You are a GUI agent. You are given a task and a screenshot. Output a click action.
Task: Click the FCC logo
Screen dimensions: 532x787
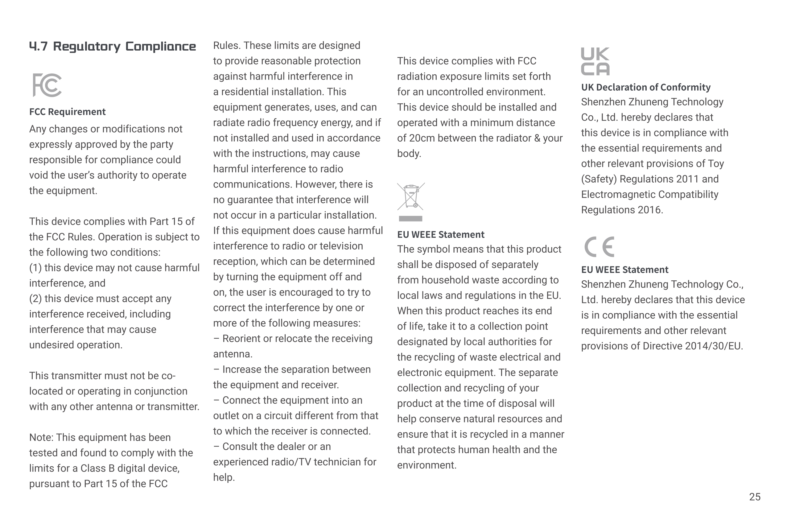[x=47, y=85]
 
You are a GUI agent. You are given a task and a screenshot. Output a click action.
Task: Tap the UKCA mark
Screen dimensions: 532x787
[x=595, y=61]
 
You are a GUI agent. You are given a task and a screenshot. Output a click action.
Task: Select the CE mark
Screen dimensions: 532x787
[x=599, y=246]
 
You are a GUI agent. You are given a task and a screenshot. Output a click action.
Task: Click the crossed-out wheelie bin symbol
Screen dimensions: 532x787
[x=410, y=196]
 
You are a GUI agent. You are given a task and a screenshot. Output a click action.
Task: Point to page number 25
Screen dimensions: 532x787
[x=755, y=497]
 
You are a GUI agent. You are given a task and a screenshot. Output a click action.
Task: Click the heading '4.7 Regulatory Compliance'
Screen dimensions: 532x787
[x=113, y=46]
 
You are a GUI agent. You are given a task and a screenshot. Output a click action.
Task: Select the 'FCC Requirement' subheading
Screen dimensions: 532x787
[x=68, y=112]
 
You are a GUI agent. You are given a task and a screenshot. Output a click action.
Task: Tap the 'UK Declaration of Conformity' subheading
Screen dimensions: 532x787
[x=645, y=87]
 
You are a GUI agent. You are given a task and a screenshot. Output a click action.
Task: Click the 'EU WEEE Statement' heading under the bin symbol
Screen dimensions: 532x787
[x=441, y=235]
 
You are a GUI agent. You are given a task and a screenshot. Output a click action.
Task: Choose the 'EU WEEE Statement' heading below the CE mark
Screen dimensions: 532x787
[x=624, y=270]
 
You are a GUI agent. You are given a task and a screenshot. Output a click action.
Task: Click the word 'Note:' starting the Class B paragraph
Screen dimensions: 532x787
[x=41, y=438]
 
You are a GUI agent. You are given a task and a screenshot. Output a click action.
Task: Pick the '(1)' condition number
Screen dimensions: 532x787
[x=35, y=268]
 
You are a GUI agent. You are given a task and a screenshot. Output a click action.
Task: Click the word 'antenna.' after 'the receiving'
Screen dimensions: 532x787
[x=233, y=354]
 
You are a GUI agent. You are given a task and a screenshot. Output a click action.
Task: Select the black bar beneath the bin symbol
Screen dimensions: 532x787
[x=410, y=219]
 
